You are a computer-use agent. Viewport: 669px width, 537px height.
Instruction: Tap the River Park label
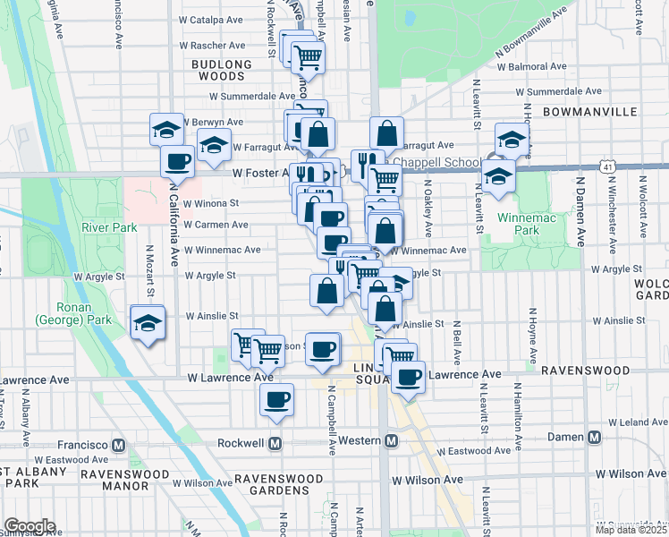(x=109, y=227)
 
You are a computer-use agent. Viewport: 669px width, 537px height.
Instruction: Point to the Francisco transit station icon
(x=119, y=445)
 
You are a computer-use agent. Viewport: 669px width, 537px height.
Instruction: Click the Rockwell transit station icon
(x=275, y=443)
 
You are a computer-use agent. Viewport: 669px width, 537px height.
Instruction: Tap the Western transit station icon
(x=391, y=441)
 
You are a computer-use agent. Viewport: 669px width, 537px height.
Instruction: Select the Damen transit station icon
(x=594, y=438)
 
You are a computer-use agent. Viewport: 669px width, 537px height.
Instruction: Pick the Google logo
(x=30, y=525)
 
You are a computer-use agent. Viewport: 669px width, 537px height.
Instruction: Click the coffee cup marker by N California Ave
(x=177, y=161)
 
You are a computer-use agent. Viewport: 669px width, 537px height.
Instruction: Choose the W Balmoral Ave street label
(x=532, y=66)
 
